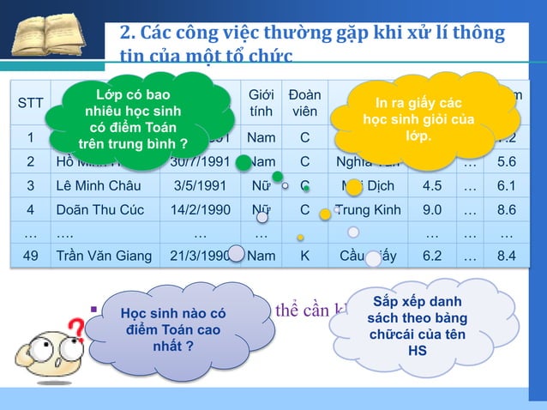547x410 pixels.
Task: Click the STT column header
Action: click(31, 103)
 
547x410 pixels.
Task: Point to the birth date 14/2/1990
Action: click(199, 208)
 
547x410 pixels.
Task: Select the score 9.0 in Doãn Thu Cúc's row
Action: click(431, 208)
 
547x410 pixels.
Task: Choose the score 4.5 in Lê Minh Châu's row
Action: click(431, 184)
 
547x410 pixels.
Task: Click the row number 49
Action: click(31, 255)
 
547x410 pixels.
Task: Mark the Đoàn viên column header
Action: click(304, 103)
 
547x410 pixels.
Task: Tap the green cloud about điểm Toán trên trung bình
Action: click(132, 118)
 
